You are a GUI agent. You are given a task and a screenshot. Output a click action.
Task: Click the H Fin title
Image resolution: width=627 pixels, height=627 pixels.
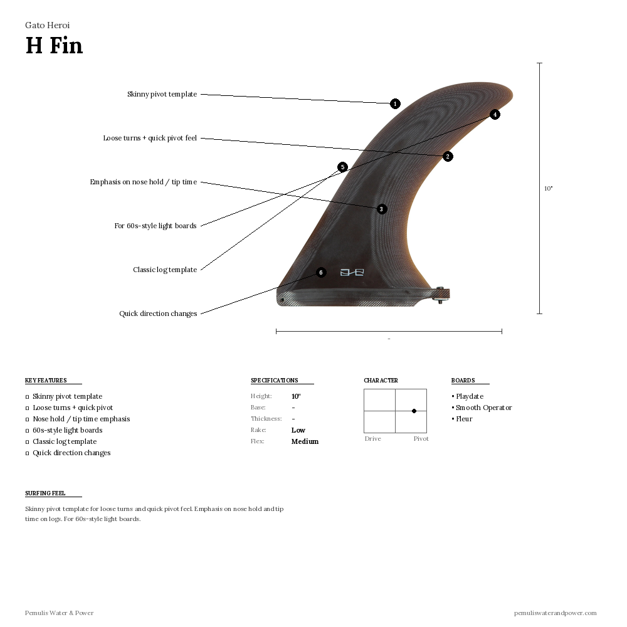click(54, 46)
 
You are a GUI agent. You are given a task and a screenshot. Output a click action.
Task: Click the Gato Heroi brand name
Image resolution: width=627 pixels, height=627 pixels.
click(47, 26)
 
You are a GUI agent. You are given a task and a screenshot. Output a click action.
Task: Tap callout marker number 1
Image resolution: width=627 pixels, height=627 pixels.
click(395, 104)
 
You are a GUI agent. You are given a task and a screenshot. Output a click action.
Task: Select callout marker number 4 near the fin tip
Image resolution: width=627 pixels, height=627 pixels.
click(495, 115)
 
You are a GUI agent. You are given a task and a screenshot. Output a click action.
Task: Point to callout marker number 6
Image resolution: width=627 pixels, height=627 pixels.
click(321, 273)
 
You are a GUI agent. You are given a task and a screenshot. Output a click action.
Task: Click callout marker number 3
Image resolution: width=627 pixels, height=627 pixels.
click(382, 209)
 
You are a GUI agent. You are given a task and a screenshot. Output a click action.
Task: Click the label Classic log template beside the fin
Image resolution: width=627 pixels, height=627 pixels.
click(165, 270)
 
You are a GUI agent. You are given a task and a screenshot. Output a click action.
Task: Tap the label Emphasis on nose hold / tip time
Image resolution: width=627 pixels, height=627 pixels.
click(143, 182)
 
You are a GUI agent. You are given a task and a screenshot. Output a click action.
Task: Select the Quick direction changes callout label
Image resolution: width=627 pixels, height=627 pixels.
click(158, 313)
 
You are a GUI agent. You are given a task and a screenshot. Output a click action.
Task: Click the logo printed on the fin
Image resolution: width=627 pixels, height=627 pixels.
click(352, 272)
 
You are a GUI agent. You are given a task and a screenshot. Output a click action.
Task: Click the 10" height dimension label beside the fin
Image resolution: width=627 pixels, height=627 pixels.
click(548, 188)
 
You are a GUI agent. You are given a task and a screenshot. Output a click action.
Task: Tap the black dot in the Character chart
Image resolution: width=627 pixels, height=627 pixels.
click(414, 411)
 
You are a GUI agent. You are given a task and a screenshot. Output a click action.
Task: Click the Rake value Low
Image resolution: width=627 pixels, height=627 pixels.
click(298, 430)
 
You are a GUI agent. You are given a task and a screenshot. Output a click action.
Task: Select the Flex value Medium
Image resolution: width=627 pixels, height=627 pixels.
click(305, 441)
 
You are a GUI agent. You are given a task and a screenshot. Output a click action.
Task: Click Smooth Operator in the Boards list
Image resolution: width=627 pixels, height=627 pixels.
click(483, 408)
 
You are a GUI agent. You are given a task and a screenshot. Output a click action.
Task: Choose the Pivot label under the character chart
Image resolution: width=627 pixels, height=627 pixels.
click(421, 439)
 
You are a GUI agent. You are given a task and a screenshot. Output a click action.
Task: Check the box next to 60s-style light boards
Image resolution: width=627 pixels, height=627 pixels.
click(27, 431)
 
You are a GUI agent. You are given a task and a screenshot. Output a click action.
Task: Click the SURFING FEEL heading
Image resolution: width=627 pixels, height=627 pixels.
click(45, 493)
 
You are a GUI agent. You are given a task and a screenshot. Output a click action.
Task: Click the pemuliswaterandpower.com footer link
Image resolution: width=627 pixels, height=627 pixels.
click(555, 613)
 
